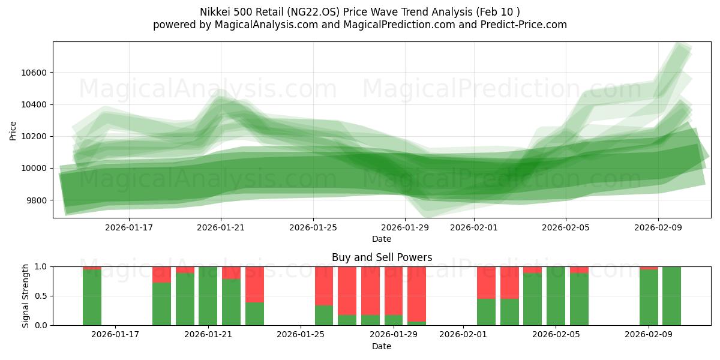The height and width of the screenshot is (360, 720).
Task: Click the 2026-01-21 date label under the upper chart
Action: click(221, 227)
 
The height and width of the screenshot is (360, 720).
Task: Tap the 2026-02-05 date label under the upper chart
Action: click(566, 227)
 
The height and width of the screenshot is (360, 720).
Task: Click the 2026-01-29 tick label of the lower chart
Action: click(394, 334)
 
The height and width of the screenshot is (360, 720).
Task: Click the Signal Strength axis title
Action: click(25, 296)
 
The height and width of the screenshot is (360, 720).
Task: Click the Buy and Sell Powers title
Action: click(382, 257)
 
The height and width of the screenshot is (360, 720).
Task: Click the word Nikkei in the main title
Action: click(214, 12)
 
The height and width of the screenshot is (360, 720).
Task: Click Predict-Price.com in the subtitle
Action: click(520, 25)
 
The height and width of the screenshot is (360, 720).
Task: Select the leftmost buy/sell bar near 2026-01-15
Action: click(92, 297)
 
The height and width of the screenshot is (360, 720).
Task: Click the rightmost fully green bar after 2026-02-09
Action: click(671, 296)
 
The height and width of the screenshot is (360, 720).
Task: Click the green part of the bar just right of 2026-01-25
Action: click(324, 315)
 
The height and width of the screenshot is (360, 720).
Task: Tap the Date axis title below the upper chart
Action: click(382, 239)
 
